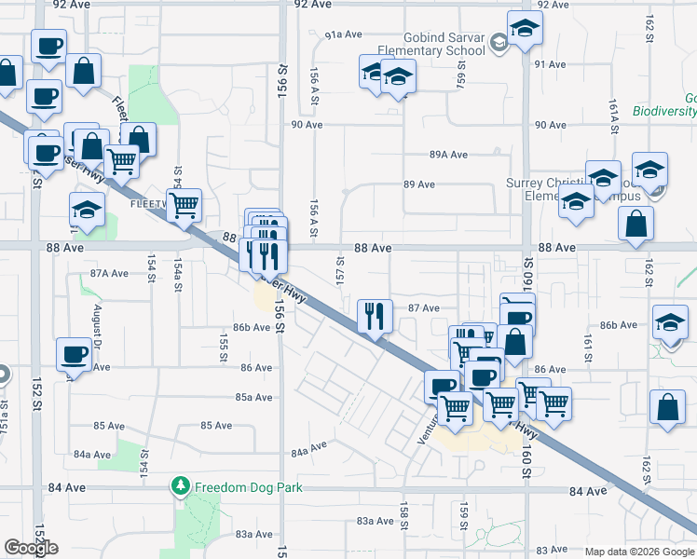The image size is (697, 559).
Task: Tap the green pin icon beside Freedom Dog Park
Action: click(x=181, y=486)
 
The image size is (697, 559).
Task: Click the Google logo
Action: click(x=31, y=548)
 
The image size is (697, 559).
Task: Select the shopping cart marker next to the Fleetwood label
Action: click(x=184, y=203)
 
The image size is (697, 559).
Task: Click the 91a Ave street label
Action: click(x=343, y=34)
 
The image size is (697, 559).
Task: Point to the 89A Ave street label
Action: click(x=448, y=155)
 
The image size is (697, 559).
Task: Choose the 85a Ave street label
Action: click(x=253, y=397)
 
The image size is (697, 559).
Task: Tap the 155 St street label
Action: click(x=224, y=342)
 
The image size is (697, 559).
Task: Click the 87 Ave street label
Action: click(x=424, y=307)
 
